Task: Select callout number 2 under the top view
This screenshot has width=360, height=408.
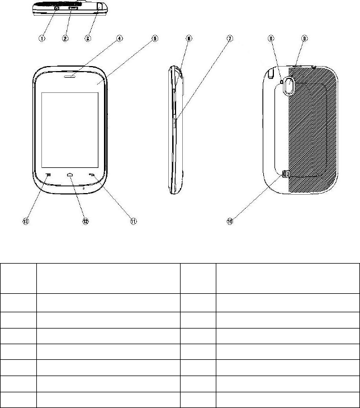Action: (x=65, y=39)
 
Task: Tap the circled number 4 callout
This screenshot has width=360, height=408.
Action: (x=120, y=39)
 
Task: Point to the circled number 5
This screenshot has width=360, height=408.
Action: (x=155, y=39)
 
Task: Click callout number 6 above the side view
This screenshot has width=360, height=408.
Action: (x=189, y=39)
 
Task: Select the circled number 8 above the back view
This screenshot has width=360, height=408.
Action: (x=271, y=39)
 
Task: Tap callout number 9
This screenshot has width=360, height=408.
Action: (x=304, y=39)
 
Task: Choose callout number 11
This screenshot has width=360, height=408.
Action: (x=134, y=222)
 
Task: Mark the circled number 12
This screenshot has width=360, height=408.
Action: (x=86, y=222)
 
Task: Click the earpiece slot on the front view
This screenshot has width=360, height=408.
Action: (x=70, y=76)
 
